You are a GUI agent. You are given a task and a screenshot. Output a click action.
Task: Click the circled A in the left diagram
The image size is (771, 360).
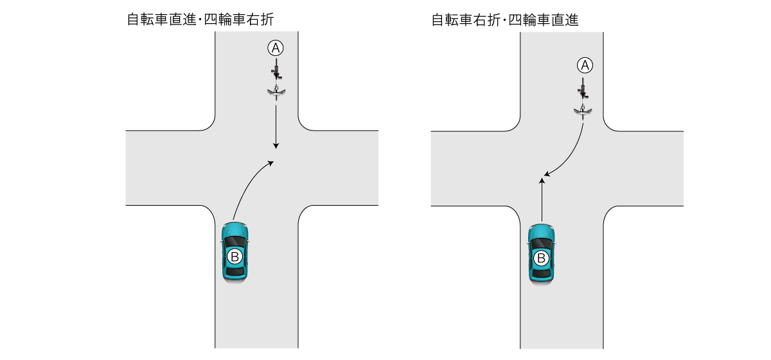tap(276, 47)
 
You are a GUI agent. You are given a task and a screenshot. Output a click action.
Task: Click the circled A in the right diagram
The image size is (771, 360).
tap(583, 64)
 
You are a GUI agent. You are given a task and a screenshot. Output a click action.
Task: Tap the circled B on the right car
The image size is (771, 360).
tap(541, 258)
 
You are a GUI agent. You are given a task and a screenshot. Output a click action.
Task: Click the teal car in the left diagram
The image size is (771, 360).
tap(235, 251)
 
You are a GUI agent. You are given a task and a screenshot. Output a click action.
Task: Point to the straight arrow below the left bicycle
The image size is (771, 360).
tap(276, 125)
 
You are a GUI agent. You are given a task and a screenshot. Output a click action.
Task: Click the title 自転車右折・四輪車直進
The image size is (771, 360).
tap(505, 20)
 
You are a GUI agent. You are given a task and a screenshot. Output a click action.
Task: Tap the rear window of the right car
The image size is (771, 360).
tap(541, 272)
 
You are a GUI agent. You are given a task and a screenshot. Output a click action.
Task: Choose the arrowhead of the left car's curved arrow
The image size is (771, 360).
tap(272, 163)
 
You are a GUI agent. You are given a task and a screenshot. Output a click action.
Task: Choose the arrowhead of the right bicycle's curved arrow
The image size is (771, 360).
tap(546, 174)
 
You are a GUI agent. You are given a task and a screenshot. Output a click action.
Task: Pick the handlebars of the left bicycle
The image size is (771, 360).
tap(276, 92)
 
